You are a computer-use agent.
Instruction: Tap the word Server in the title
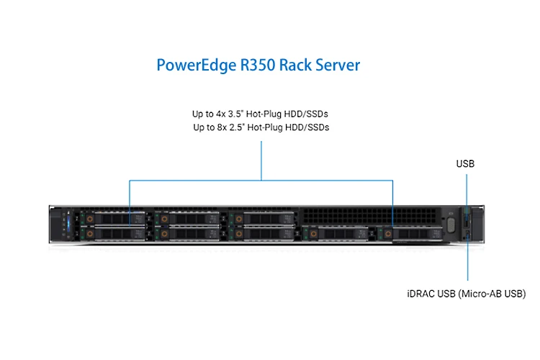(338, 66)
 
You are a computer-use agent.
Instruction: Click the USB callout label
(465, 164)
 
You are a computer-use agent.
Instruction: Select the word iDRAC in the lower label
(420, 294)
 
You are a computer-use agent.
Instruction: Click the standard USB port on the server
(468, 215)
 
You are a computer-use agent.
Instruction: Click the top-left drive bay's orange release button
(90, 216)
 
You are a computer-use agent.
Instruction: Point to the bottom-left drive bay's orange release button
(90, 233)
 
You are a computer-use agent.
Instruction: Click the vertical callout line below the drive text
(262, 158)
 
